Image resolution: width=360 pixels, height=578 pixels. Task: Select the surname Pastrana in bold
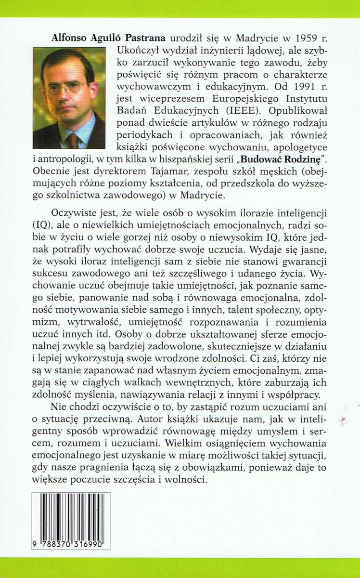pos(145,38)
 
